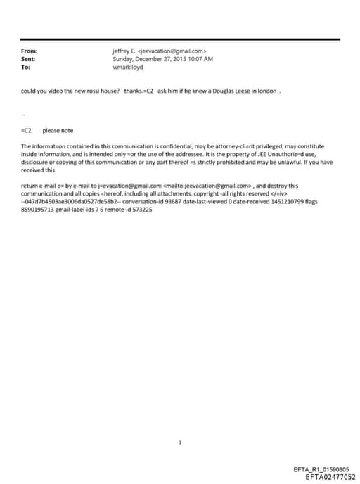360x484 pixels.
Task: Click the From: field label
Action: click(30, 51)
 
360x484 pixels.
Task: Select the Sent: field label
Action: click(29, 59)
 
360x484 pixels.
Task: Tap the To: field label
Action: click(26, 67)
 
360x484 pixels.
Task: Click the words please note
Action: click(58, 130)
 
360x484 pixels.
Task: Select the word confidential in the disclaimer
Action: click(157, 146)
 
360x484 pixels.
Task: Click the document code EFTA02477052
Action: click(326, 477)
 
